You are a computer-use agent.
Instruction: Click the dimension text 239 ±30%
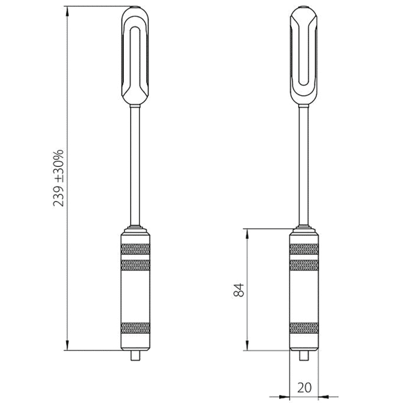[x=59, y=178]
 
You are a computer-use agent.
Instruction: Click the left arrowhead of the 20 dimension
[x=284, y=396]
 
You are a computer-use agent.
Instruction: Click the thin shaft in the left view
[x=136, y=167]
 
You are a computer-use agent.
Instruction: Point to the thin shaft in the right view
[x=303, y=167]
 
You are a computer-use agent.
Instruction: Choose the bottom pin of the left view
[x=136, y=355]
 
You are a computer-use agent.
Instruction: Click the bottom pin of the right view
[x=303, y=355]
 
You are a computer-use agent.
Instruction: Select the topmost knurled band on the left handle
[x=136, y=249]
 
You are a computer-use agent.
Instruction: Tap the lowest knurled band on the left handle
[x=136, y=328]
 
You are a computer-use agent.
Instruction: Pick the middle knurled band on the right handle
[x=303, y=265]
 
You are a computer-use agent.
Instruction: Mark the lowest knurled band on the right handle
[x=303, y=328]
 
